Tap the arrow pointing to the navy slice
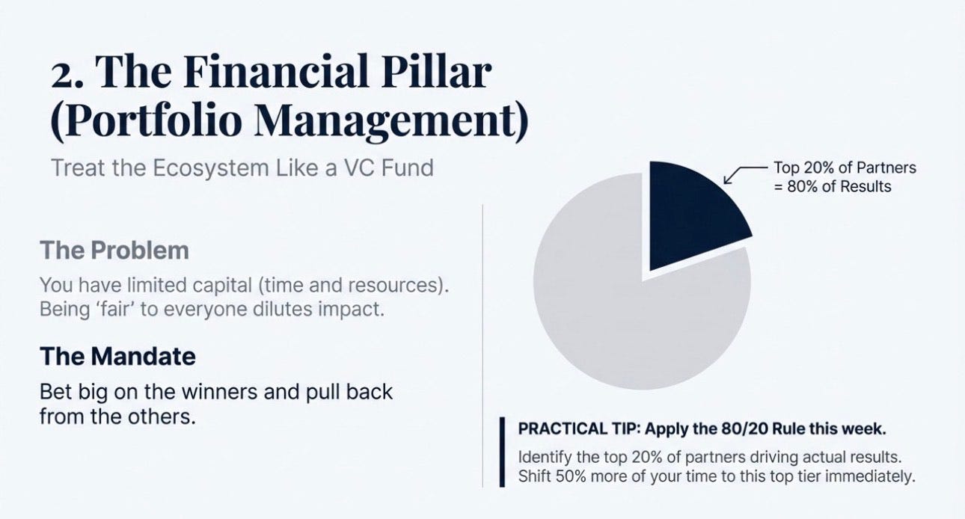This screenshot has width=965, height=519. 743,173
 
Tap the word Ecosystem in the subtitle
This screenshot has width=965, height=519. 211,168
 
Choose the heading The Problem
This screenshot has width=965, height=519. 114,250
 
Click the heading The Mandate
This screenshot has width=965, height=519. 117,356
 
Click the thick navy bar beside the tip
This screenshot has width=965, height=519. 502,452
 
